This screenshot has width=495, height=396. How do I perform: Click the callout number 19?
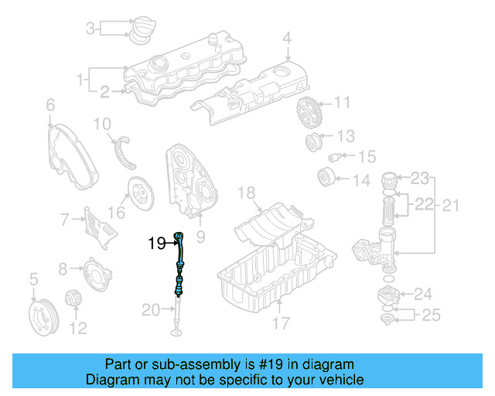157,243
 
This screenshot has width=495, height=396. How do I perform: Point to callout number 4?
287,37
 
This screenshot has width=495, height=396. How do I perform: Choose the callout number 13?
345,136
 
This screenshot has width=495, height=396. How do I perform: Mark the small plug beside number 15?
336,158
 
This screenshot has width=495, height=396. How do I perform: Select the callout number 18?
246,192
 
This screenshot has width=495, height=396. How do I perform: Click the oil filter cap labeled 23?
393,183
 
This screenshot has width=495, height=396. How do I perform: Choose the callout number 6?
49,104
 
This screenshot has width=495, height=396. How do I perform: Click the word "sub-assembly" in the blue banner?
203,364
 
